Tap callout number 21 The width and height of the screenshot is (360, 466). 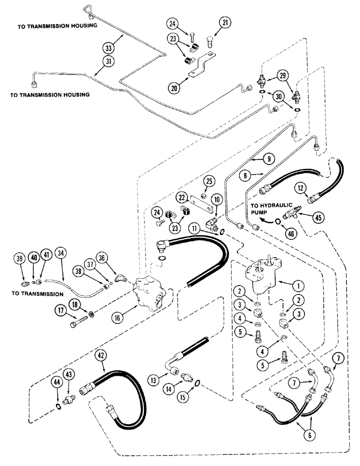pyautogui.click(x=226, y=22)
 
